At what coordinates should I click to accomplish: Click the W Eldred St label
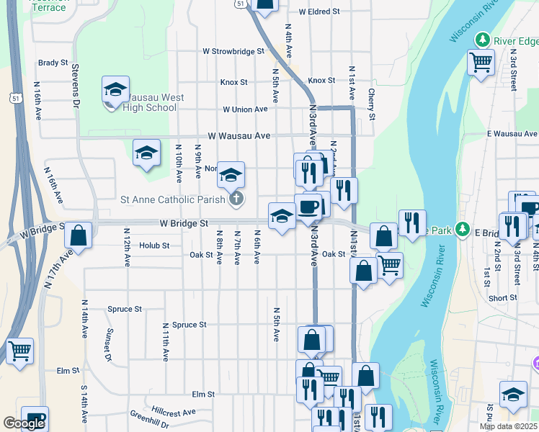click(319, 12)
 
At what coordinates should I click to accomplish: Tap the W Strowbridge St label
click(233, 52)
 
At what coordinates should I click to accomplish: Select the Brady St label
click(53, 63)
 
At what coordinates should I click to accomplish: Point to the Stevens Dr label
click(75, 86)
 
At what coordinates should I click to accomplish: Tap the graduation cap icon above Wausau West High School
click(115, 89)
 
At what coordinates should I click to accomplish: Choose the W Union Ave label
click(245, 109)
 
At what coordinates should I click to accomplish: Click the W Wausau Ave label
click(239, 135)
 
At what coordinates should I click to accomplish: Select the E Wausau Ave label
click(512, 134)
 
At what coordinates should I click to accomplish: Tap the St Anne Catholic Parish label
click(173, 199)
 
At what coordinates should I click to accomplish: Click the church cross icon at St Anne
click(234, 199)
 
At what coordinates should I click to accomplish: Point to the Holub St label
click(154, 246)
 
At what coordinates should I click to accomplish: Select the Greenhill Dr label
click(149, 420)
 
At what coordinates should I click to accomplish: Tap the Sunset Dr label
click(110, 345)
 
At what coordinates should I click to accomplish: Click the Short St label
click(502, 298)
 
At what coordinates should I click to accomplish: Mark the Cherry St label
click(372, 104)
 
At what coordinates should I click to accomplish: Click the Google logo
click(24, 423)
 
